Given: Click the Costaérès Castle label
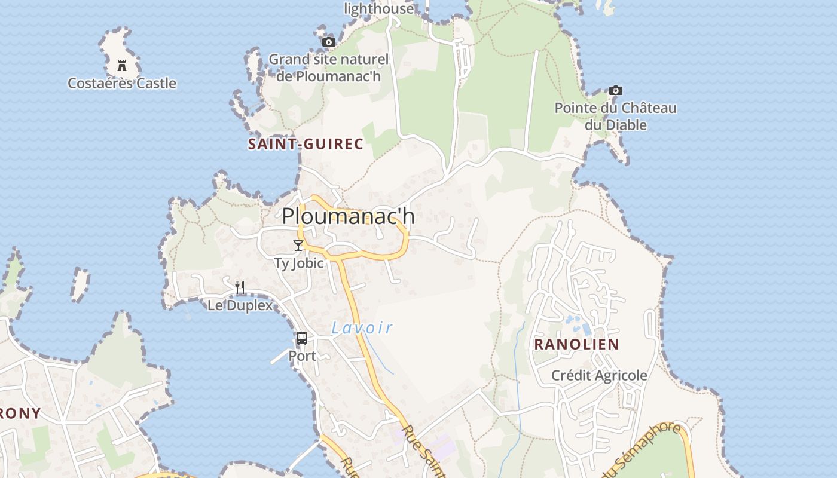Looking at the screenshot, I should (122, 83).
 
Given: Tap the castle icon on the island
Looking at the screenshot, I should (122, 65).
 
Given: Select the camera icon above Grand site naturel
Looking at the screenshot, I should (328, 42).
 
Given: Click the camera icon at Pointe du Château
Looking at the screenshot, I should (615, 91).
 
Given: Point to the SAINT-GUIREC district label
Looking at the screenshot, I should (306, 144).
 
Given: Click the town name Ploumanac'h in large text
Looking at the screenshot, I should (348, 216).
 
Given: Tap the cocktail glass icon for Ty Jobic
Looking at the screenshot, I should (298, 245).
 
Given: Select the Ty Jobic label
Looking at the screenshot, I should (299, 263).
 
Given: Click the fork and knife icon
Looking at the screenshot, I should (240, 287).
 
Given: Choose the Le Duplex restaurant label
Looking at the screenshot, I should (240, 305).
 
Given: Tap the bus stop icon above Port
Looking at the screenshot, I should (302, 338).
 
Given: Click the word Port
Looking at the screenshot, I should (303, 356).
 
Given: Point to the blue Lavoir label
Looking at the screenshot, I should (362, 327).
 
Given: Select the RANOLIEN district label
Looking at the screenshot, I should (576, 344).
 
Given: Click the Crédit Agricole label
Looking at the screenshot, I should (599, 375).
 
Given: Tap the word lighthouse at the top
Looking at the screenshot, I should (378, 8).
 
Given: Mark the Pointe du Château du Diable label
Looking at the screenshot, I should (615, 117).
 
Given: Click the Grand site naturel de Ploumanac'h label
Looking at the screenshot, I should (328, 68).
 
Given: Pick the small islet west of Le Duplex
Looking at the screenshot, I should (80, 284).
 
